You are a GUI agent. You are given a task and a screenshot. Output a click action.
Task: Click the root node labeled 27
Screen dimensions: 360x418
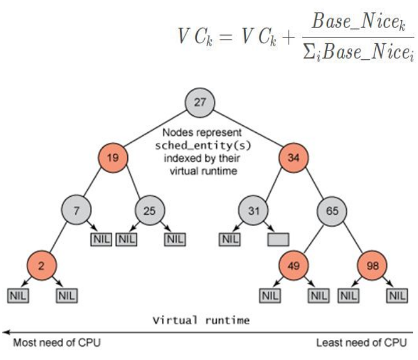pos(200,102)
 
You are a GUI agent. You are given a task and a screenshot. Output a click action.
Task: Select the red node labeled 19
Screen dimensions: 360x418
pos(114,158)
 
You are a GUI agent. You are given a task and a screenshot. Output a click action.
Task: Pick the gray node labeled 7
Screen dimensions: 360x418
pos(75,211)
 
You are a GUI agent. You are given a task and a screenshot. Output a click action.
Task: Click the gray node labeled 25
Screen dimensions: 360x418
pos(149,211)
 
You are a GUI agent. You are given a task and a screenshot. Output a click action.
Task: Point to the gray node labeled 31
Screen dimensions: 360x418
pos(254,211)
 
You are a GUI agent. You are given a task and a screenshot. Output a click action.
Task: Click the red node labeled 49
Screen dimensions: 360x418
pos(294,265)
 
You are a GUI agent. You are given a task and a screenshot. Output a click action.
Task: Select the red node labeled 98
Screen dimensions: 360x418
pos(371,265)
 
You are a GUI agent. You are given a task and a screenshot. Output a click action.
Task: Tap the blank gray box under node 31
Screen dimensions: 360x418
pos(278,240)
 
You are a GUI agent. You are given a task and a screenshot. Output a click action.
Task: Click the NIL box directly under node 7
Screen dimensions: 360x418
pos(100,240)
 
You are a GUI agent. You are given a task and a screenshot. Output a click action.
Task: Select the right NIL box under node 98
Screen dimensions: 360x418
pos(397,294)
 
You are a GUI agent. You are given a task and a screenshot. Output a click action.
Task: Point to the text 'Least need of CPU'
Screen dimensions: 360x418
pos(361,342)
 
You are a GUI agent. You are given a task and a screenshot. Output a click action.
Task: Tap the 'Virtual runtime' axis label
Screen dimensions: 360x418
pos(201,320)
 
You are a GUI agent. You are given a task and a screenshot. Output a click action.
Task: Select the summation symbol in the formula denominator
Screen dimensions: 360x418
pos(313,56)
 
